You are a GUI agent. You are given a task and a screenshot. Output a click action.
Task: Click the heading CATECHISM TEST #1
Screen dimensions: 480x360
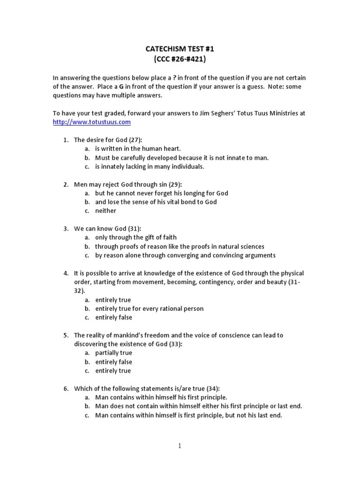[x=180, y=49]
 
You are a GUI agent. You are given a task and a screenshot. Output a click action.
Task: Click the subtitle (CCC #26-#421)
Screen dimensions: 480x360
[x=180, y=60]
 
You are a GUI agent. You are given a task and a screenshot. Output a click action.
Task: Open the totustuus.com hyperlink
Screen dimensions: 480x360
[x=91, y=122]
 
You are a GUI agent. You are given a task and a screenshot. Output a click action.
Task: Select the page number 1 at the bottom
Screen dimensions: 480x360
[x=180, y=446]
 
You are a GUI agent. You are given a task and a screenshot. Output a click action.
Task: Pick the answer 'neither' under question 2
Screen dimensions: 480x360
[x=105, y=211]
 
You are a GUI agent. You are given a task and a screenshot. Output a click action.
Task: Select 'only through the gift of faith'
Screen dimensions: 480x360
[x=135, y=238]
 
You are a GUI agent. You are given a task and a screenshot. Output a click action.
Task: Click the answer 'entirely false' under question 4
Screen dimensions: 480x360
[x=113, y=317]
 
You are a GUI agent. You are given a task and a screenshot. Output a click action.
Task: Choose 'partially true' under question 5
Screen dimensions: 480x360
[x=113, y=353]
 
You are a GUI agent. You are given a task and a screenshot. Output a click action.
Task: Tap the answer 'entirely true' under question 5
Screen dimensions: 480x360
[x=113, y=371]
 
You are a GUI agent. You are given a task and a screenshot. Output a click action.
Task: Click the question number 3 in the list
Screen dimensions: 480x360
[x=66, y=229]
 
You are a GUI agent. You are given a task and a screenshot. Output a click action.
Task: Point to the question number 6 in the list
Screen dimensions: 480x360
[x=66, y=389]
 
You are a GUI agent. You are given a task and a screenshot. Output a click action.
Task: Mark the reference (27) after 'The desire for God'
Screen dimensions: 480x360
[x=135, y=140]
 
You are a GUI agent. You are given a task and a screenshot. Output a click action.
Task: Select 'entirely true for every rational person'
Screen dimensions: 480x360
[x=149, y=308]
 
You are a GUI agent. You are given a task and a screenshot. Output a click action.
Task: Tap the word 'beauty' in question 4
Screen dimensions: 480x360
[x=276, y=282]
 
